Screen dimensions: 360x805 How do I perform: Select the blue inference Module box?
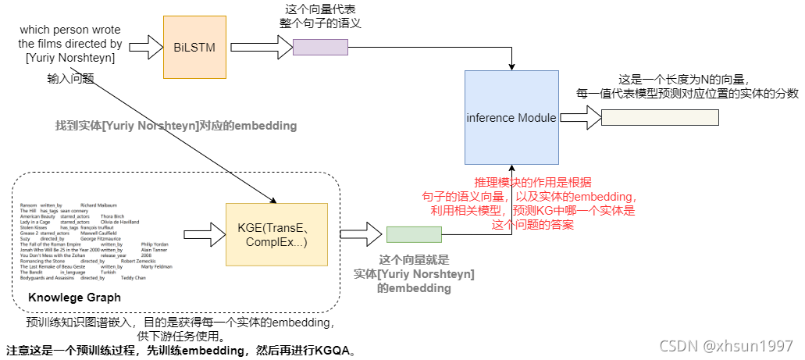click(511, 118)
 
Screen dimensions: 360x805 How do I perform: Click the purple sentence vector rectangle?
click(320, 48)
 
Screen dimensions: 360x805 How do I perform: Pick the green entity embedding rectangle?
click(414, 233)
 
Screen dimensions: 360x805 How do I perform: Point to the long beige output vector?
click(660, 118)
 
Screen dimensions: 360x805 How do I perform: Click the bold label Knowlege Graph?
click(74, 298)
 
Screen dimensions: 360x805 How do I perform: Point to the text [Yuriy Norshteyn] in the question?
click(70, 58)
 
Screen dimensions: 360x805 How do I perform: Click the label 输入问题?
click(70, 78)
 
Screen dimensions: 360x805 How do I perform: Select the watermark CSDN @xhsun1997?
click(726, 345)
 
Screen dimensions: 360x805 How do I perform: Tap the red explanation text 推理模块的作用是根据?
click(533, 182)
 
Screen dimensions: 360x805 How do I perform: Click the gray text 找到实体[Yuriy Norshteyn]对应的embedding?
click(176, 125)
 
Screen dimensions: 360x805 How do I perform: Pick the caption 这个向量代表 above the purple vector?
click(320, 9)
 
